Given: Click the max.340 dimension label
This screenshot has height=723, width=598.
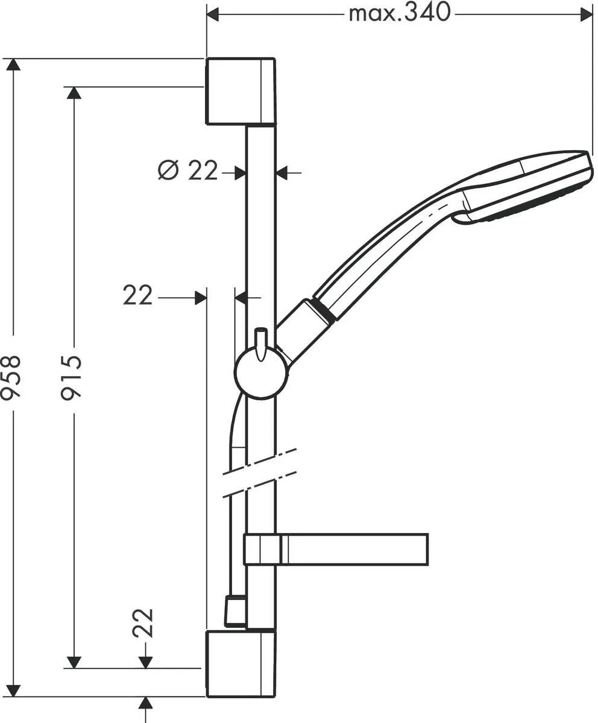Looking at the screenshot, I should pyautogui.click(x=400, y=13).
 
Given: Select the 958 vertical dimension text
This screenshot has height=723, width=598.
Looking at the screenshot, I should pyautogui.click(x=12, y=377).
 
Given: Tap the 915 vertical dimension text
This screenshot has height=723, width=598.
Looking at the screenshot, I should pyautogui.click(x=73, y=377).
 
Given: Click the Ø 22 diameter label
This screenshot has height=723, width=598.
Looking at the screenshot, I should pyautogui.click(x=187, y=172).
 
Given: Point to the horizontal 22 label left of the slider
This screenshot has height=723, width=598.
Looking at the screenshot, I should pyautogui.click(x=138, y=296).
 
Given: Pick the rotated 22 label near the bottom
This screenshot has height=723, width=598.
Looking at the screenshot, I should pyautogui.click(x=144, y=624).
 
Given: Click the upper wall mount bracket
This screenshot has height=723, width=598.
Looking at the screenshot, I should pyautogui.click(x=241, y=91).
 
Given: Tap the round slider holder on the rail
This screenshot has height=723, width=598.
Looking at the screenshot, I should pyautogui.click(x=260, y=373).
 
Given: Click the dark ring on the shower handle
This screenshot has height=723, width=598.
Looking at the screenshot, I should pyautogui.click(x=324, y=311).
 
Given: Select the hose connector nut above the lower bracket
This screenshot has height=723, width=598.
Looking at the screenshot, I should pyautogui.click(x=235, y=611).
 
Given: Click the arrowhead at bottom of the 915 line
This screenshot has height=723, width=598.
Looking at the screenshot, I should pyautogui.click(x=74, y=662).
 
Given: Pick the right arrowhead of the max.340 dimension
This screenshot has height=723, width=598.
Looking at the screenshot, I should pyautogui.click(x=586, y=14).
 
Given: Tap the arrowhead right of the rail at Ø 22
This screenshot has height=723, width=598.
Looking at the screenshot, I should pyautogui.click(x=282, y=174).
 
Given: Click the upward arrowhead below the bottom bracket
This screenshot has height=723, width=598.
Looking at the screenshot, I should pyautogui.click(x=145, y=703).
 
